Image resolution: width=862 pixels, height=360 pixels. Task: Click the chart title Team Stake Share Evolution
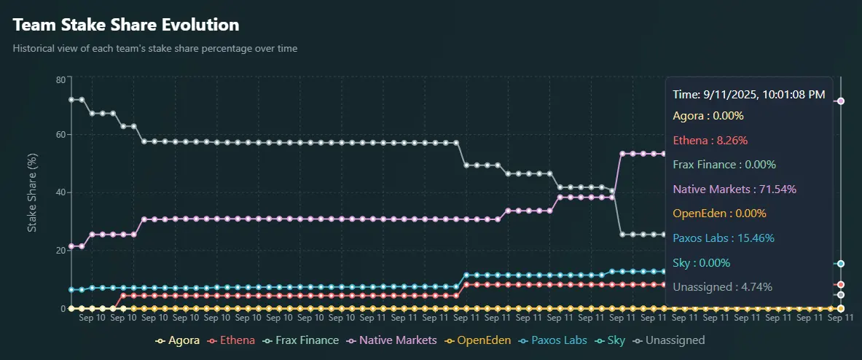[x=126, y=25]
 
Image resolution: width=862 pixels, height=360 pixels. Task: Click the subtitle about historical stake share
[x=155, y=49]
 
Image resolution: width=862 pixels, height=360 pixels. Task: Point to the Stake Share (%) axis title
[x=32, y=193]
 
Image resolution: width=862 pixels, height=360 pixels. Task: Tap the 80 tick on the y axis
[x=60, y=79]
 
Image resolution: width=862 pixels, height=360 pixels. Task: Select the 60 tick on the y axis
[x=60, y=135]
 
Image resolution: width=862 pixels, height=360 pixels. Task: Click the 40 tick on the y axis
[x=60, y=192]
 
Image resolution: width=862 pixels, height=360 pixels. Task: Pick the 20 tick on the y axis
[x=60, y=250]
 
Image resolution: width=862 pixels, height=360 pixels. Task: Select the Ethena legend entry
[x=231, y=340]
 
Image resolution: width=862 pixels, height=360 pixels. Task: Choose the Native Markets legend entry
[x=393, y=340]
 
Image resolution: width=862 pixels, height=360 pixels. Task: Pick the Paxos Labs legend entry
[x=553, y=340]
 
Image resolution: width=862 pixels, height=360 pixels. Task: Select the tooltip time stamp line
[x=749, y=95]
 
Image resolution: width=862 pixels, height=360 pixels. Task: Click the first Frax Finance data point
[x=71, y=100]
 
